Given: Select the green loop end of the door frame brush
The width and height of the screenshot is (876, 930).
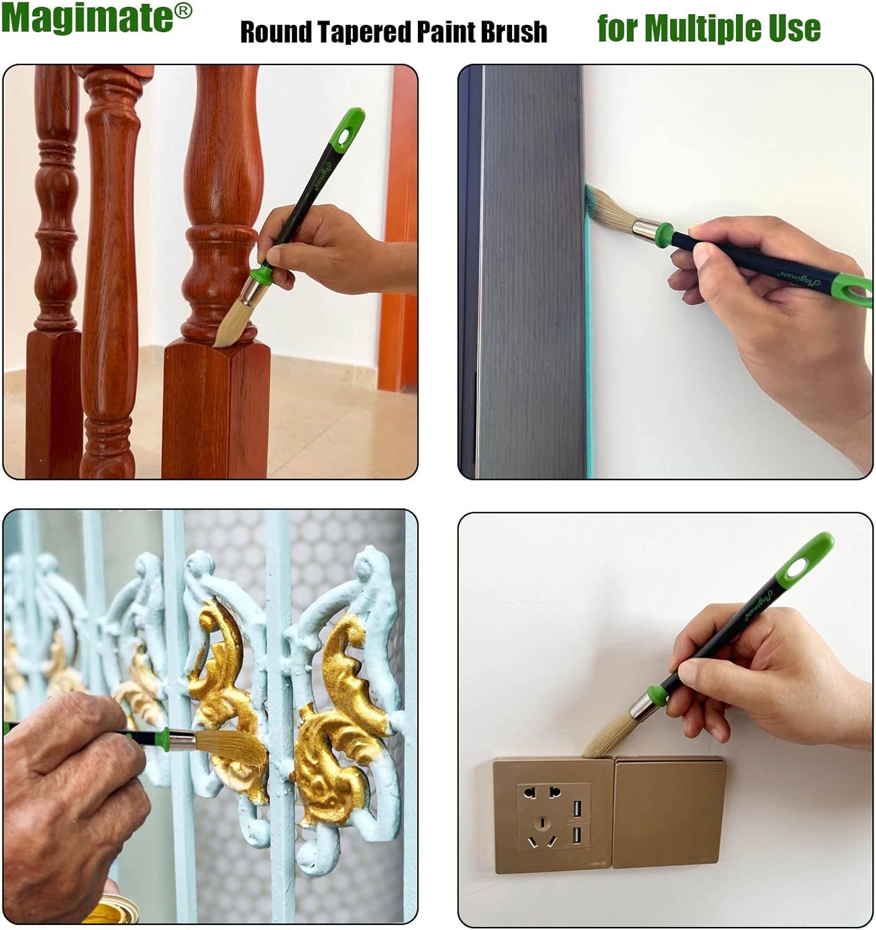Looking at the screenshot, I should click(857, 286).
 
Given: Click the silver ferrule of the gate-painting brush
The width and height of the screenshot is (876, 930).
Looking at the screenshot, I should click(182, 740).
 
